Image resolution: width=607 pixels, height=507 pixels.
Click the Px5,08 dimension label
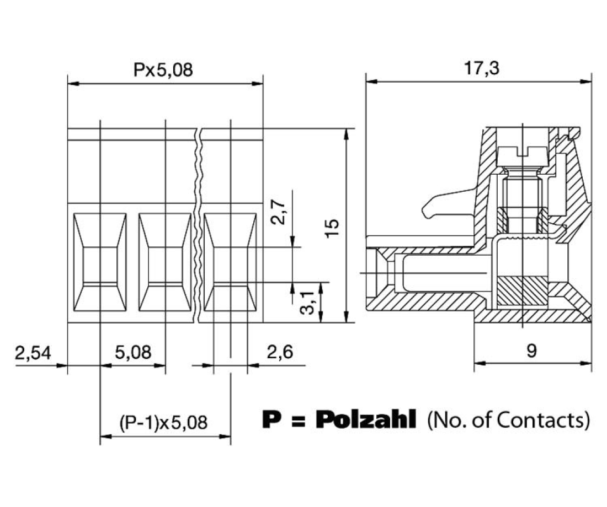164,71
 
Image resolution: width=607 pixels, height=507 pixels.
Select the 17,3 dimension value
478,69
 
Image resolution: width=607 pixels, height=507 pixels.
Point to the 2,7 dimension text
279,212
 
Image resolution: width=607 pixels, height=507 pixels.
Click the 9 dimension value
531,351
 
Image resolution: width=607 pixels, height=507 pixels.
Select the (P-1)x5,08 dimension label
164,423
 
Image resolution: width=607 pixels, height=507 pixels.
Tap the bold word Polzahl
365,420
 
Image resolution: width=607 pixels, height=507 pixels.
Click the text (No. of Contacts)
508,420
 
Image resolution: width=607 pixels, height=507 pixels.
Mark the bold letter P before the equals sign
270,420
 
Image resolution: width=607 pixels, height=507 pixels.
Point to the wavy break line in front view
198,226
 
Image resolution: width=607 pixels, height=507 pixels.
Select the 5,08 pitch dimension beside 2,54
133,353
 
